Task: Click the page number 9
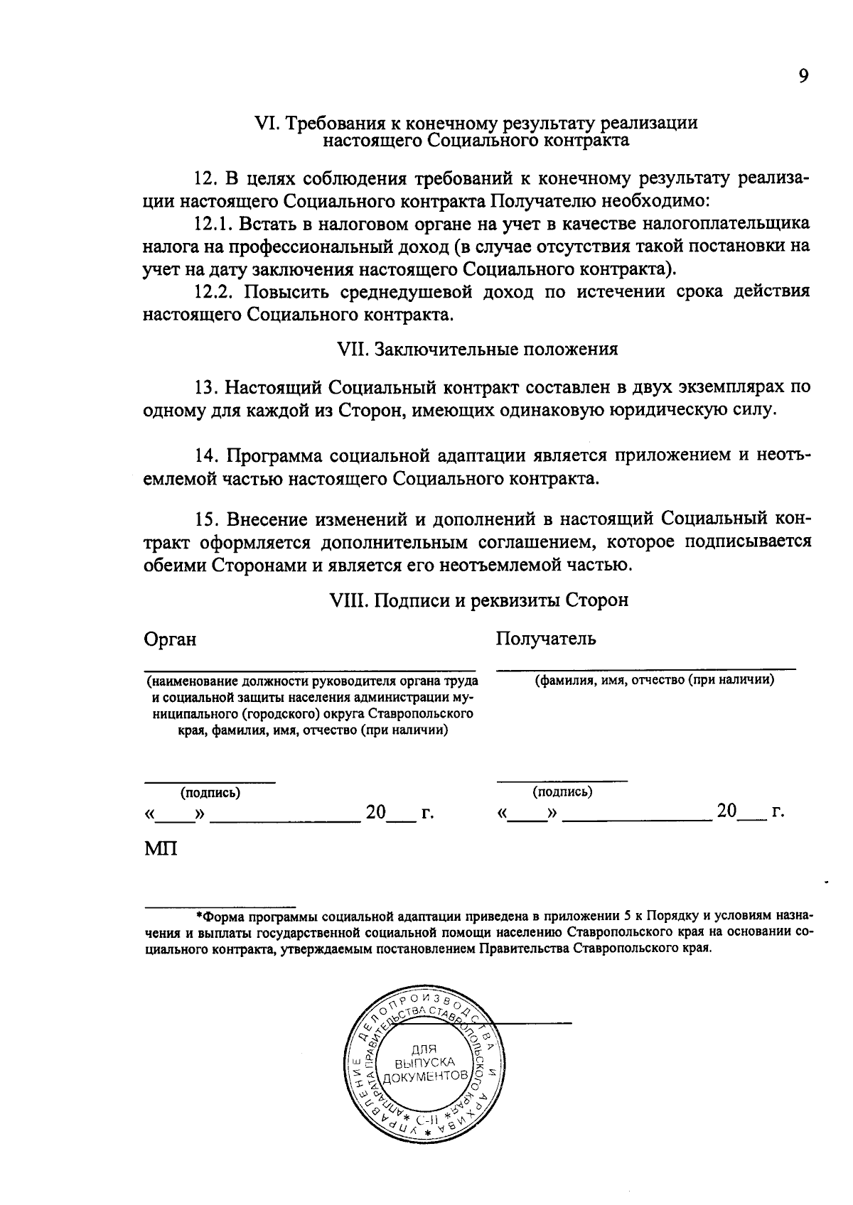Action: pos(803,76)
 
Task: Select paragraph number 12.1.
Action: pos(212,225)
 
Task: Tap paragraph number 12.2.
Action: pos(213,291)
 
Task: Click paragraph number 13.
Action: pos(205,388)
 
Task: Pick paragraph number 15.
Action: pos(205,520)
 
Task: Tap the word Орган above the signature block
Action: pos(170,639)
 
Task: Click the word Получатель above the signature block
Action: pos(546,639)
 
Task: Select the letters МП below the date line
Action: pos(161,848)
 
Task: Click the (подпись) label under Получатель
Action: pos(562,791)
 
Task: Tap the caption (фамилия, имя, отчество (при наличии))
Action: pos(654,680)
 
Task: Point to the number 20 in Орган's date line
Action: pos(375,812)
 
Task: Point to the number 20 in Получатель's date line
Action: pos(726,811)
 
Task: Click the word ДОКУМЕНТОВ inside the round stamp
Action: pos(425,1077)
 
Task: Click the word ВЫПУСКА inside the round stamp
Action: pos(425,1063)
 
